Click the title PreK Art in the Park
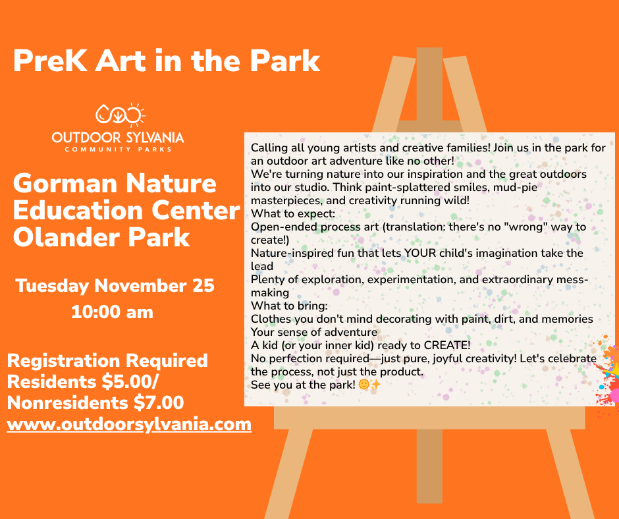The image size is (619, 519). pos(166,61)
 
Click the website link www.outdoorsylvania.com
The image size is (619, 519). pos(129,424)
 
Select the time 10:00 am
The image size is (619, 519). pos(112,312)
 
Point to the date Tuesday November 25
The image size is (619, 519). pos(115,286)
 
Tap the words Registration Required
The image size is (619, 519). pos(107,360)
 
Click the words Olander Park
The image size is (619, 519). pos(101,236)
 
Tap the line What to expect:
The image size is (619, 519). pos(293,213)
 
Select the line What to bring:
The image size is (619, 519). pos(289,306)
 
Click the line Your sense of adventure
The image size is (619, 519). pos(314,332)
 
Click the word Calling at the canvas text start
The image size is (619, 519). pos(269,148)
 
